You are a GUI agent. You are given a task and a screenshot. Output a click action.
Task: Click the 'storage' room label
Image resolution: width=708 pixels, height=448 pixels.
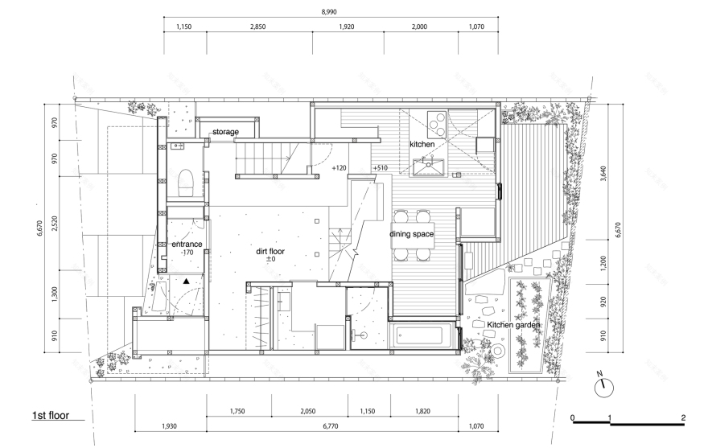[x=225, y=132]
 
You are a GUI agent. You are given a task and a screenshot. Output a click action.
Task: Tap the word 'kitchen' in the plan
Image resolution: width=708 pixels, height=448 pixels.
[x=422, y=145]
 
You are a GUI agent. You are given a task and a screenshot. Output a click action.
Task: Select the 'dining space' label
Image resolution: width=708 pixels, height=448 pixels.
[x=411, y=234]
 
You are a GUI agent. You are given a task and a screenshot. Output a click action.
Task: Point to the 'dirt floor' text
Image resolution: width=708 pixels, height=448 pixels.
[x=270, y=252]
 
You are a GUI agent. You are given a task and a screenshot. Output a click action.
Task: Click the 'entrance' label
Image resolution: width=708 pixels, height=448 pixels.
[x=187, y=245]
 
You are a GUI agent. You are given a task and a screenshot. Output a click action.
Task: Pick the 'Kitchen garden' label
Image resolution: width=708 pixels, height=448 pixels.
[x=513, y=325]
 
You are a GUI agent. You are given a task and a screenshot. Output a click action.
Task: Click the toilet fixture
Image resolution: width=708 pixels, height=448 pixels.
[x=186, y=182]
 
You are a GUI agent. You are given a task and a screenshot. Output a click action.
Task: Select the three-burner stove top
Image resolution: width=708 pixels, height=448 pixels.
[x=437, y=123]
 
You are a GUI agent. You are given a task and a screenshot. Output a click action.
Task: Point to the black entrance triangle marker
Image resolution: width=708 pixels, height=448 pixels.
[x=187, y=281]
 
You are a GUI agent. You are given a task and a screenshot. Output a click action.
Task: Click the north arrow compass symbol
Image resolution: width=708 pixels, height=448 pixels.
[x=603, y=387]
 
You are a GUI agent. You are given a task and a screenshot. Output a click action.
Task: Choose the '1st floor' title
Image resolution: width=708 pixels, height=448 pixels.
[x=51, y=416]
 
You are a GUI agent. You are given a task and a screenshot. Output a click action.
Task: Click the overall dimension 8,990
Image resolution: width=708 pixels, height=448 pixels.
[x=329, y=12]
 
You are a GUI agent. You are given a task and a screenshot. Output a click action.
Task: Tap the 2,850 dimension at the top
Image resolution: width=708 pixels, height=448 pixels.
[x=257, y=27]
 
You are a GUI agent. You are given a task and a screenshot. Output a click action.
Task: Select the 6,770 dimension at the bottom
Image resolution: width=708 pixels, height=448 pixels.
[x=331, y=425]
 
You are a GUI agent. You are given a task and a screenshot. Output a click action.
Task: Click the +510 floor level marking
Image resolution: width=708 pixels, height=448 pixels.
[x=381, y=168]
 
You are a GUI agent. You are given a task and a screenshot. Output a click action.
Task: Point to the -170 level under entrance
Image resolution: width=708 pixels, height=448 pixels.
[x=187, y=253]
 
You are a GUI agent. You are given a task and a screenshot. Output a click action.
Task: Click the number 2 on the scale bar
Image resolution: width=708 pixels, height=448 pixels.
[x=684, y=417]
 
